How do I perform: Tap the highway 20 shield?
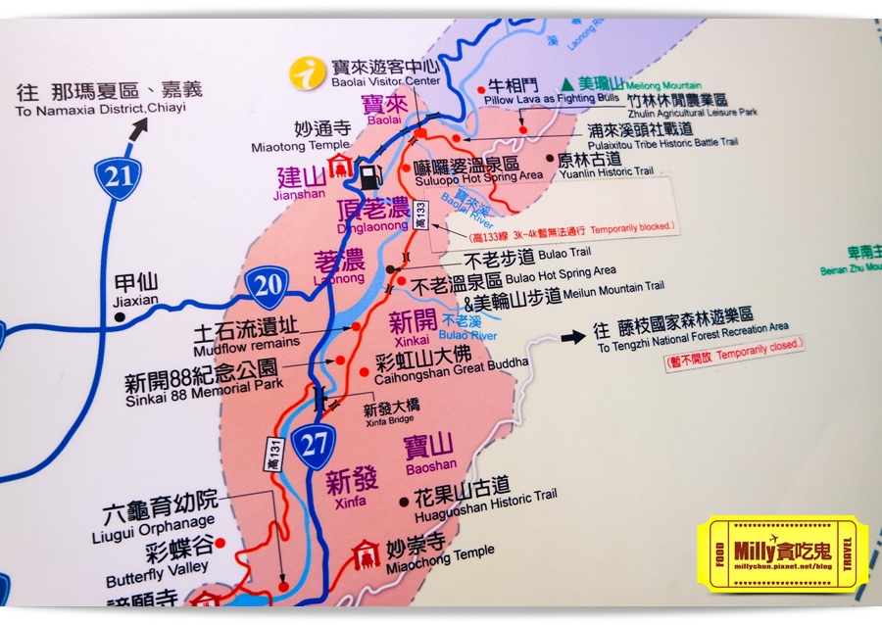(268, 287)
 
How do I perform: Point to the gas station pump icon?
(369, 177)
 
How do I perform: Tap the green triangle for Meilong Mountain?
(567, 85)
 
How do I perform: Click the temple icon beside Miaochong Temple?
(367, 553)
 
